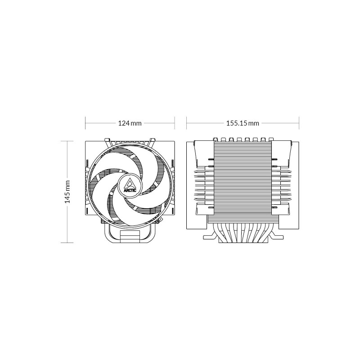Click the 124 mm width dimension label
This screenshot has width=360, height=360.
click(x=130, y=123)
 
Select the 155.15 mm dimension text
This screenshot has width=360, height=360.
click(x=243, y=123)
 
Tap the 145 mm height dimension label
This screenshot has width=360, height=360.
click(x=67, y=192)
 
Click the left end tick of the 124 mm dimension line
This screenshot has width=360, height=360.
click(x=85, y=123)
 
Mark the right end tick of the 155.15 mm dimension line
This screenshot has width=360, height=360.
click(x=299, y=123)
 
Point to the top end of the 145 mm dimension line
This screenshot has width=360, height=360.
click(x=67, y=141)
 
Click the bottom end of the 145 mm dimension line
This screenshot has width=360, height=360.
click(x=67, y=243)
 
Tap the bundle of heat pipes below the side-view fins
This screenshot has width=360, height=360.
click(x=243, y=232)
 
